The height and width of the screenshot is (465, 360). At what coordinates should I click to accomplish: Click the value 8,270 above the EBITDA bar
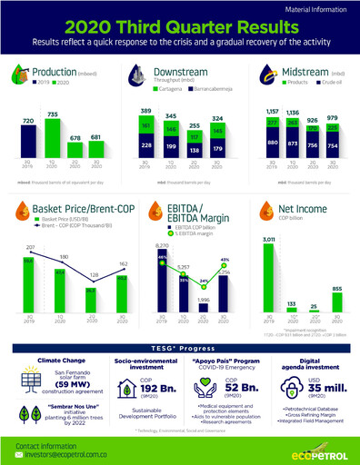(x=162, y=246)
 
